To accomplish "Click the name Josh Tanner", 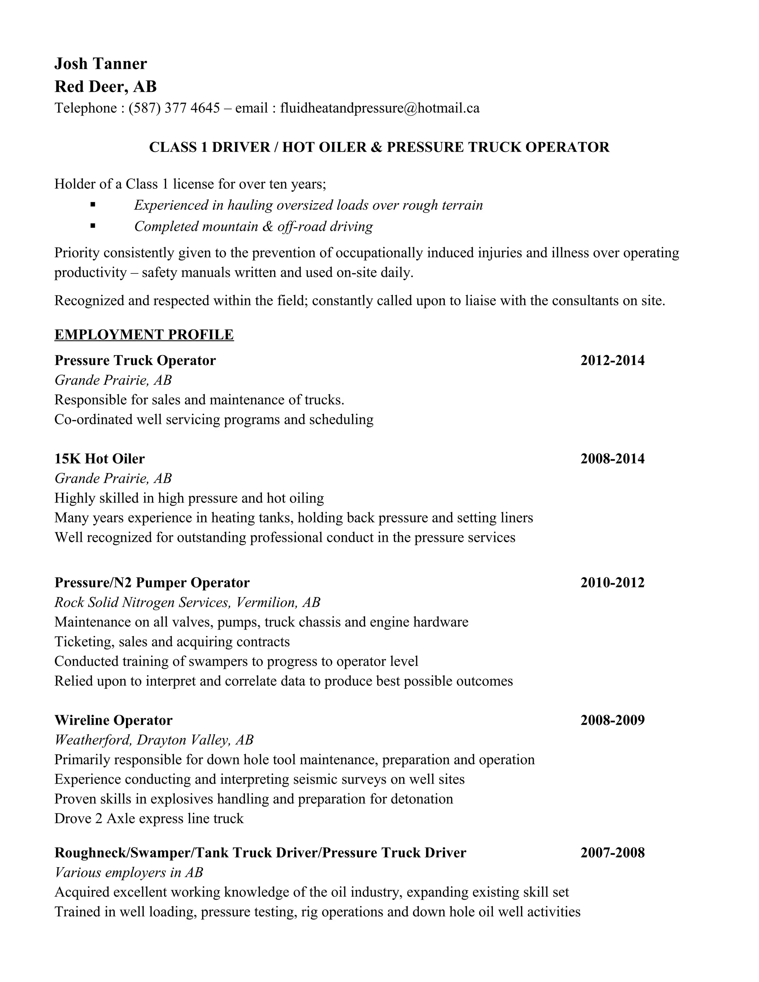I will pyautogui.click(x=100, y=64).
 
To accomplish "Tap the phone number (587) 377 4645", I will pyautogui.click(x=174, y=108).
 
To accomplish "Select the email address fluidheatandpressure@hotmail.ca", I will pyautogui.click(x=379, y=108).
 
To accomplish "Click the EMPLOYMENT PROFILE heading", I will pyautogui.click(x=144, y=335).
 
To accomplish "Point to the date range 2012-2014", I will pyautogui.click(x=612, y=360).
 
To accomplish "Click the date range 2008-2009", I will pyautogui.click(x=612, y=720).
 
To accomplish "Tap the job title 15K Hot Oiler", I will pyautogui.click(x=99, y=459).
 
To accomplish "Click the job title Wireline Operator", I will pyautogui.click(x=113, y=720).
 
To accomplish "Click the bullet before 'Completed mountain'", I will pyautogui.click(x=93, y=226).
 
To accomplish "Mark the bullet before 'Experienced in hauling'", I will pyautogui.click(x=93, y=205).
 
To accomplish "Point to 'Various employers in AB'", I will pyautogui.click(x=129, y=872).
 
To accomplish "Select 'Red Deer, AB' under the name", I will pyautogui.click(x=105, y=86).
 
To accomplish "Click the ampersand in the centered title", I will pyautogui.click(x=376, y=147).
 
